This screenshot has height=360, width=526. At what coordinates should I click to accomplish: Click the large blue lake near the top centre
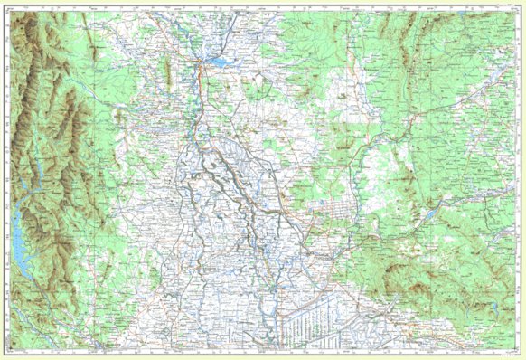pyautogui.click(x=219, y=62)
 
